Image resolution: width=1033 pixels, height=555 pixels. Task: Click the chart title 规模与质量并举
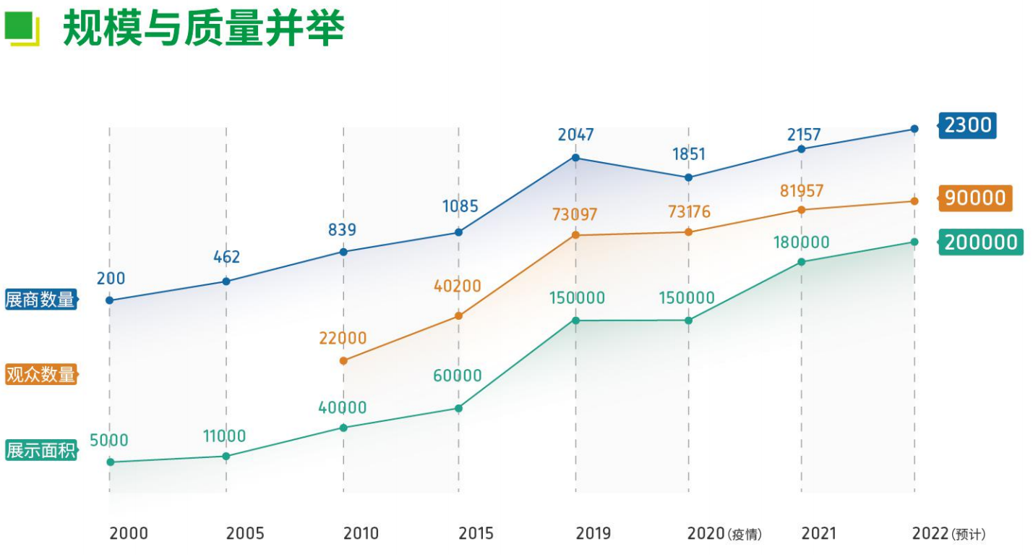203,28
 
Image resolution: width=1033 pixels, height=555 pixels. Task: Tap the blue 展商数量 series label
40,300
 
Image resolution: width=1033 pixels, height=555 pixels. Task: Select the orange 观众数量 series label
40,375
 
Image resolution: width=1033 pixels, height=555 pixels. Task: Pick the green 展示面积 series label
40,450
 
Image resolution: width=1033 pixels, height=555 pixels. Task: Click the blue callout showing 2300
967,125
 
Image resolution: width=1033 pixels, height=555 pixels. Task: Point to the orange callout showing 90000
975,198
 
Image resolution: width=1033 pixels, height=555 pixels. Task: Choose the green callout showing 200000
981,242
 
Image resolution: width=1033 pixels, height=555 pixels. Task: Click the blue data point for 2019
575,158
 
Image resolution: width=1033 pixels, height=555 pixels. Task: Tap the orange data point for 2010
343,360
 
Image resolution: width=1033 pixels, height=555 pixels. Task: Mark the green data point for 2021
802,262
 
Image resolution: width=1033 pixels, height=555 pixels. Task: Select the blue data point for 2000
110,300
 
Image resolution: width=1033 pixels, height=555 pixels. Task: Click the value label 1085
460,206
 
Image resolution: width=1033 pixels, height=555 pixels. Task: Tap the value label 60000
458,376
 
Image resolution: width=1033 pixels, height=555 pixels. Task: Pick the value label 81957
802,191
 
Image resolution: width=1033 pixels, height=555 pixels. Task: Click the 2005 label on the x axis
245,534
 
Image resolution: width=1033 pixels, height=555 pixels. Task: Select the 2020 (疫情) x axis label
724,534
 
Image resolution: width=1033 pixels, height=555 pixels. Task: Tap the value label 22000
343,339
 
